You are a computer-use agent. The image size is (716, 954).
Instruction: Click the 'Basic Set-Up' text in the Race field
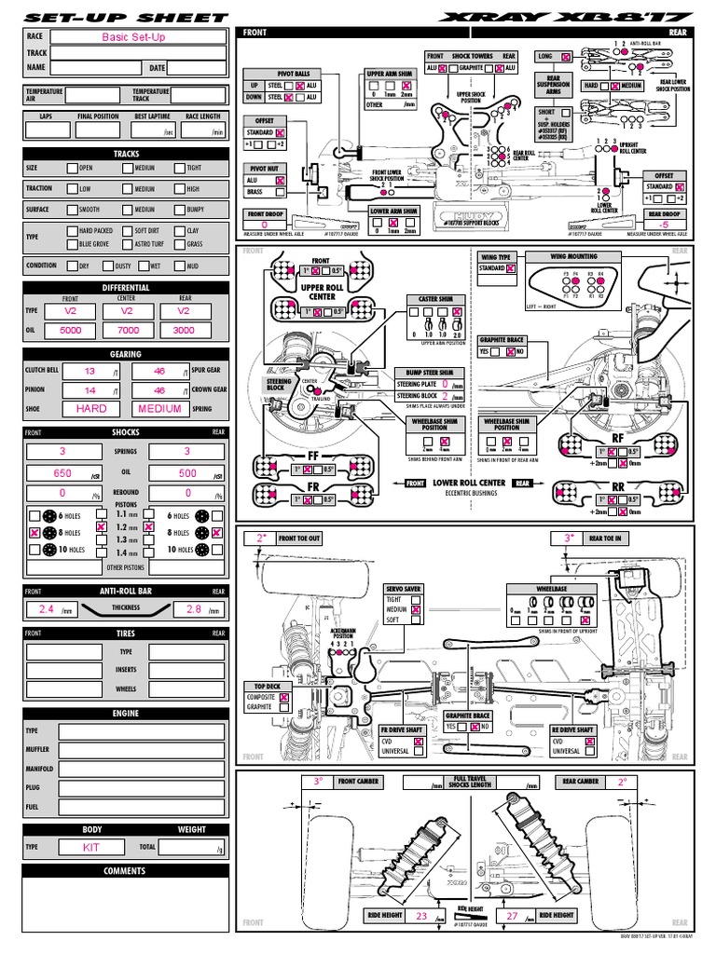tap(137, 37)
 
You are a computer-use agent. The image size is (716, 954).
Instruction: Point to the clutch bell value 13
tap(89, 371)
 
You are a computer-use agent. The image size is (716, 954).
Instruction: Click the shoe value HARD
tap(91, 408)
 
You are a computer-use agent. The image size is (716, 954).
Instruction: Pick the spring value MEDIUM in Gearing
tap(159, 408)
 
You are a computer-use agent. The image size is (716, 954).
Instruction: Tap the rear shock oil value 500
tap(188, 473)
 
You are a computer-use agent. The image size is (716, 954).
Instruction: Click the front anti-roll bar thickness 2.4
tap(42, 609)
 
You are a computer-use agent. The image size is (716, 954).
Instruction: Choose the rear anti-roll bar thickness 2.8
tap(194, 609)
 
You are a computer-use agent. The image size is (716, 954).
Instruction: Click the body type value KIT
tap(91, 848)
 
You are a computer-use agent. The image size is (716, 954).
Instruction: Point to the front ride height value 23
tap(421, 917)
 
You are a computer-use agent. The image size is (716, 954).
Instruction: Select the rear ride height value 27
tap(511, 917)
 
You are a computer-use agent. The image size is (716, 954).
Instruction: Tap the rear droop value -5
tap(663, 225)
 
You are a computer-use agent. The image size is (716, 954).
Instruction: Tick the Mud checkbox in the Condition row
tap(180, 265)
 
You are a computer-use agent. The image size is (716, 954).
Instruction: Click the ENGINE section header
tap(126, 714)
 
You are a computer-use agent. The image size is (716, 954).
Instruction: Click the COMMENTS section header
tap(126, 871)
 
